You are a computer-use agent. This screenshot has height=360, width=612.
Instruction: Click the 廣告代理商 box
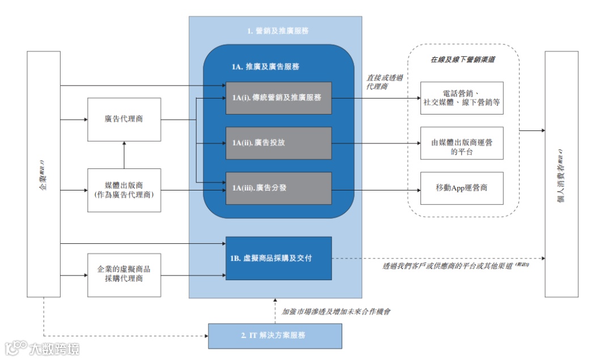point(124,120)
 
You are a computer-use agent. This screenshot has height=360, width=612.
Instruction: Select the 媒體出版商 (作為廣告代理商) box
point(124,190)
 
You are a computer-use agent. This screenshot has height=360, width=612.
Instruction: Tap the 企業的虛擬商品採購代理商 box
point(124,274)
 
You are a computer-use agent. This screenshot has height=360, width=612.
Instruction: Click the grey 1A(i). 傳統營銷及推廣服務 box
point(278,98)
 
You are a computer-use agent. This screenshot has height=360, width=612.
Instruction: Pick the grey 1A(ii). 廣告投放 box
point(278,143)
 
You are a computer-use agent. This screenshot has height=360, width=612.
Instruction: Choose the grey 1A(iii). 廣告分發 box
point(278,188)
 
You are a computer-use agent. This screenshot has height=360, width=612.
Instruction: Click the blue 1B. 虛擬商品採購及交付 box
point(278,258)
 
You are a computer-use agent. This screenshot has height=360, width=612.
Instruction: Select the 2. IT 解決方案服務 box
point(275,336)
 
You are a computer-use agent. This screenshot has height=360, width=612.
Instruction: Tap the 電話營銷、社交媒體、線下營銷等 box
point(461,98)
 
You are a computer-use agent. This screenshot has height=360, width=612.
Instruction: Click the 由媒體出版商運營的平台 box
point(461,143)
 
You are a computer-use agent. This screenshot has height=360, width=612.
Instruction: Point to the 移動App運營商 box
point(461,188)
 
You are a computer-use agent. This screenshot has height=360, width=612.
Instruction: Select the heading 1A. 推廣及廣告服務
point(265,67)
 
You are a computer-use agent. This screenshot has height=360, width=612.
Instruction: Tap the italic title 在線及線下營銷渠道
point(462,59)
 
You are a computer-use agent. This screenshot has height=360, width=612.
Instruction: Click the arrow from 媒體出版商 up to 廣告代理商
point(124,155)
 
